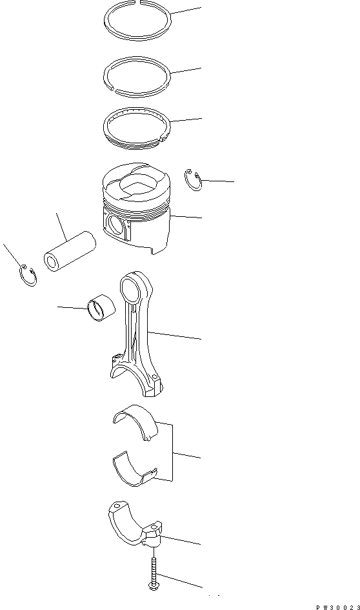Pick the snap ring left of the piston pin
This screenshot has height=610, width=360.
[x=29, y=285]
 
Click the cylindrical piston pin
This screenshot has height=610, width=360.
[x=70, y=251]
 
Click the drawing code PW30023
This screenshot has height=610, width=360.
[x=338, y=607]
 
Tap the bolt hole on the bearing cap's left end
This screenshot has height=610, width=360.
[x=117, y=506]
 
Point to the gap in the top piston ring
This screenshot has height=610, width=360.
[x=138, y=3]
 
